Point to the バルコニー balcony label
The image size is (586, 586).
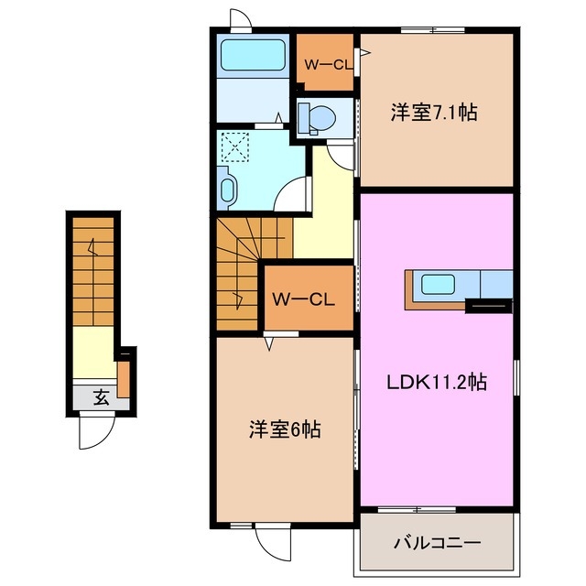coord(437,543)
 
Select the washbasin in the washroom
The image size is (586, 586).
coord(229,189)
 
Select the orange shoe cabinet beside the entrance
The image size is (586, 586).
coord(124,379)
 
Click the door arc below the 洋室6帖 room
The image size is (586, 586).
coord(272,542)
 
